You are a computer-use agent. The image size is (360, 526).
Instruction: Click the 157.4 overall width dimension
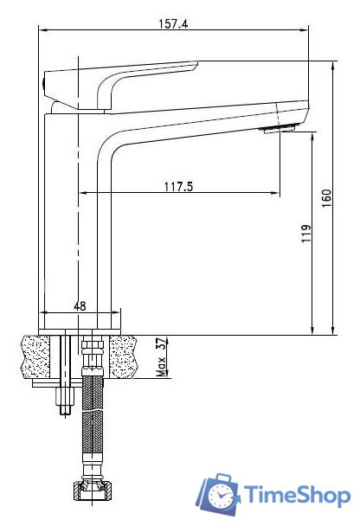(x=173, y=24)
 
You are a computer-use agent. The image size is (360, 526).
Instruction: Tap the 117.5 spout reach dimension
(x=179, y=186)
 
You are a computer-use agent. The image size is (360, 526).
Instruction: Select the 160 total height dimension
(x=326, y=198)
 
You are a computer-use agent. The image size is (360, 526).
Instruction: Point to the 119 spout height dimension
(x=306, y=233)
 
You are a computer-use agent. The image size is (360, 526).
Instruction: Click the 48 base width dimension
(x=80, y=306)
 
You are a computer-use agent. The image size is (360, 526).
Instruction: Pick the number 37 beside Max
(x=162, y=344)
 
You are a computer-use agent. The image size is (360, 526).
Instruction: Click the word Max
(x=162, y=366)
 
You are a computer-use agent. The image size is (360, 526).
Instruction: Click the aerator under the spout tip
(x=280, y=129)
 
